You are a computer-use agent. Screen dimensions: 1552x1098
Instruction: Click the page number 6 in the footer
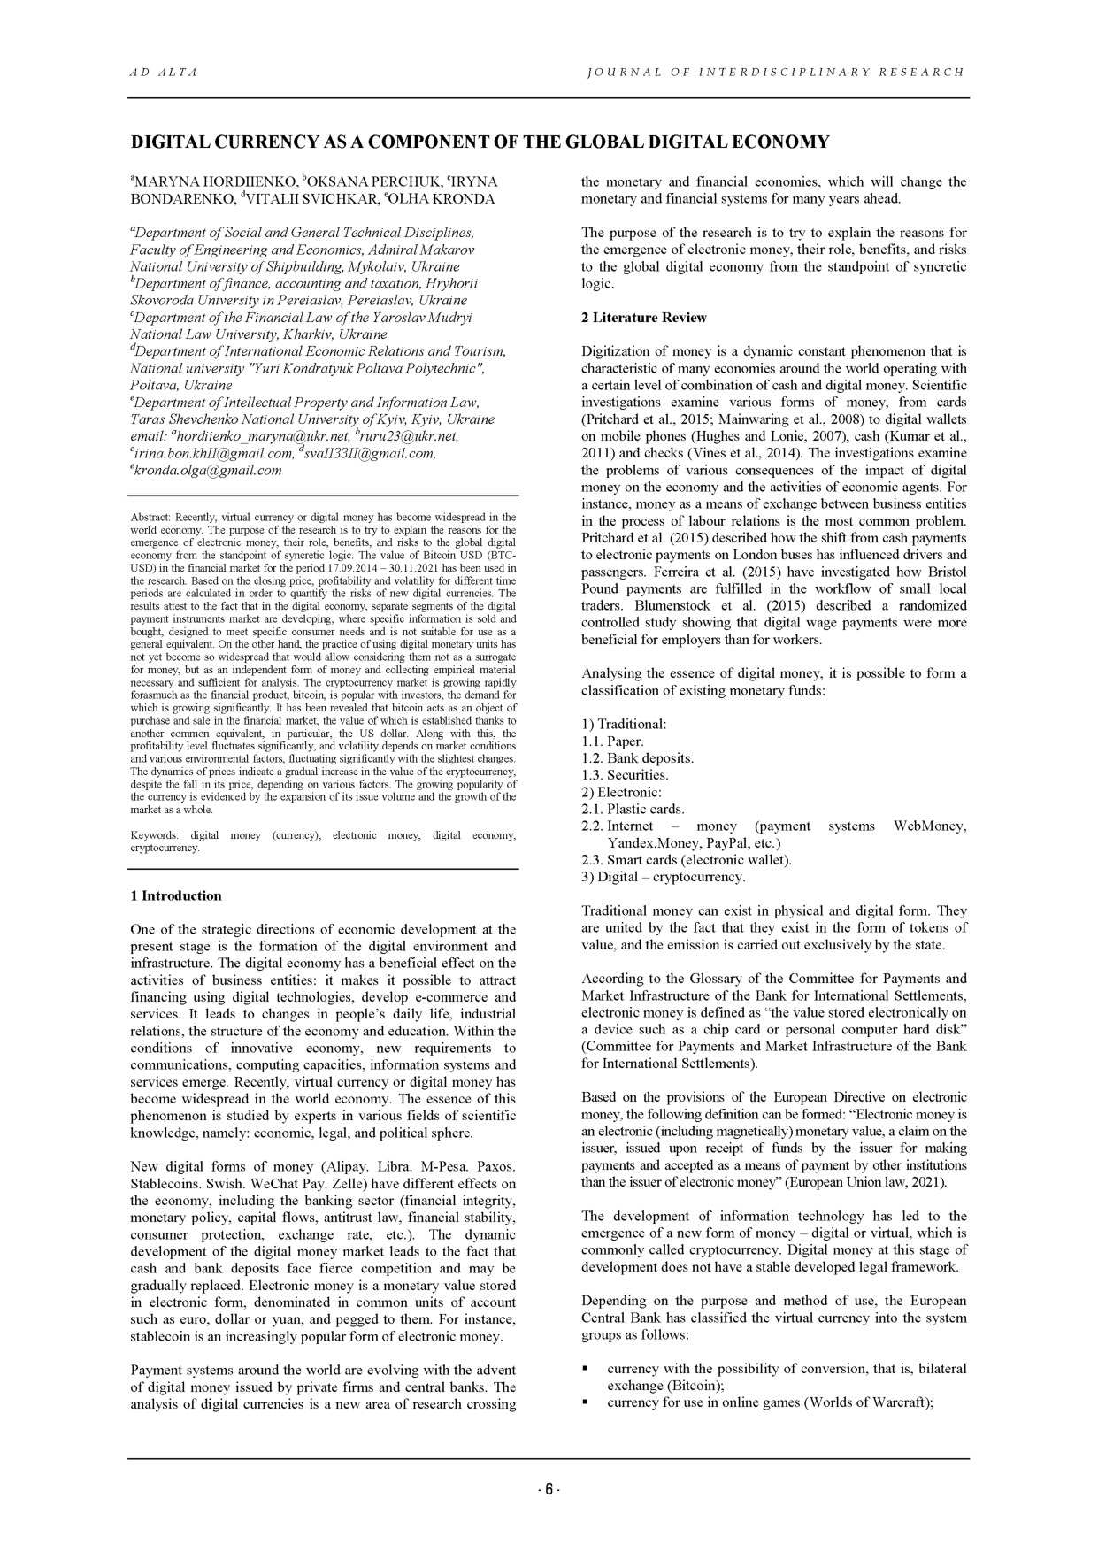[x=549, y=1490]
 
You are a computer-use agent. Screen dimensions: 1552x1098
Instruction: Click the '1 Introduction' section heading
[x=175, y=895]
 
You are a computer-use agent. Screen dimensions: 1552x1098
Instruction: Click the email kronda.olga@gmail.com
[x=208, y=470]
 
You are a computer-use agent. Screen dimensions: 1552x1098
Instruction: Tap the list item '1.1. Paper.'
[x=612, y=741]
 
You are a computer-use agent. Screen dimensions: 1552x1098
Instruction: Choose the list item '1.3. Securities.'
[x=625, y=775]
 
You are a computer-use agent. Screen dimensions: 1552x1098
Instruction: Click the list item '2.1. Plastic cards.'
[x=633, y=809]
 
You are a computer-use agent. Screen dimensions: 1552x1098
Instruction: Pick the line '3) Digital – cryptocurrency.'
[x=663, y=877]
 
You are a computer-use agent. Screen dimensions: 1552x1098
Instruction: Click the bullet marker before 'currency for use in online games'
[x=587, y=1402]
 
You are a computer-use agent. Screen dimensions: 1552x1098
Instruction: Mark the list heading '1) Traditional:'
[x=624, y=724]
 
